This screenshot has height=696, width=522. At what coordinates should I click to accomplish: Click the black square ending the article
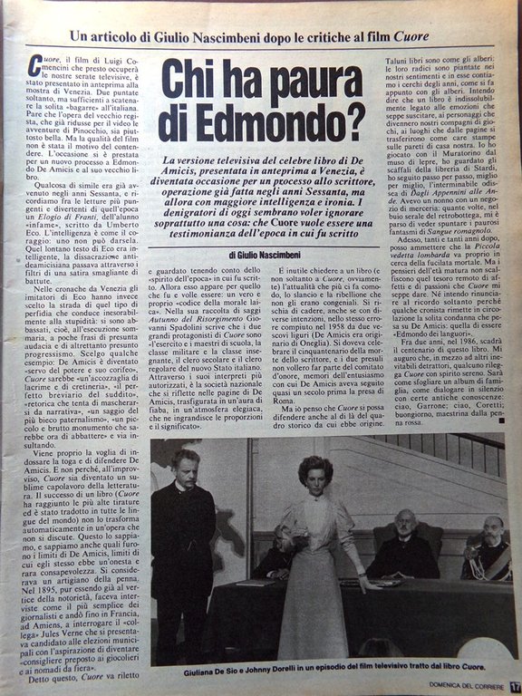500,420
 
